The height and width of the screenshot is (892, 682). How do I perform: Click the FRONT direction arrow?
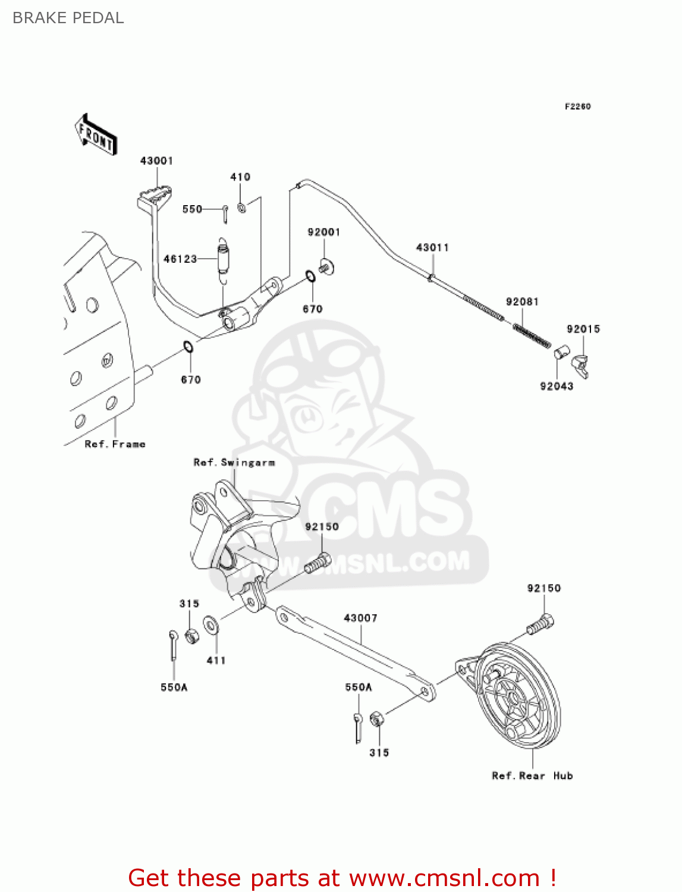pos(95,135)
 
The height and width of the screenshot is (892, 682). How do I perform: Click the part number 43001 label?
pos(156,161)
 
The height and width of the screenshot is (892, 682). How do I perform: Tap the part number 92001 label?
pos(323,232)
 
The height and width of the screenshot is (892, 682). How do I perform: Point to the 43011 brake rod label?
pos(432,247)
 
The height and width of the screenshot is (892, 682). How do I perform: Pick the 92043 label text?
pos(556,386)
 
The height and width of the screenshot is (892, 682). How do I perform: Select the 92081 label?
pos(521,301)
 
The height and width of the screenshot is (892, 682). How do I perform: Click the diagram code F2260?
pos(577,106)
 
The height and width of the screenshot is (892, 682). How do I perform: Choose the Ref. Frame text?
pos(115,444)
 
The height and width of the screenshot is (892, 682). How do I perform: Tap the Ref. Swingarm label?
pos(234,462)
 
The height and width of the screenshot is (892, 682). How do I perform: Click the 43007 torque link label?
pos(360,618)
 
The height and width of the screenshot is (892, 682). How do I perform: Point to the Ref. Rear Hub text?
pos(532,775)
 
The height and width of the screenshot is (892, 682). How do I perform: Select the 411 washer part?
pos(210,625)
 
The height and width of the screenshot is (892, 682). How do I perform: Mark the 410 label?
pos(240,177)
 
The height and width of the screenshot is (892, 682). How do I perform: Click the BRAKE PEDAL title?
pos(68,18)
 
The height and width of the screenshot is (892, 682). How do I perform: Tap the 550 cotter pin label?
pos(192,209)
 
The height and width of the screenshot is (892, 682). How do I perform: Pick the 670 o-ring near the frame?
pos(187,346)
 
